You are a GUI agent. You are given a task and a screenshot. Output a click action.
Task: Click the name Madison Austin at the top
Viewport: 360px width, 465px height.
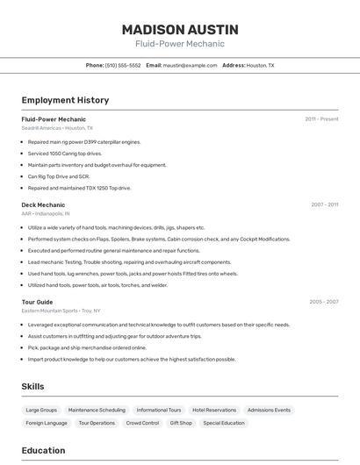tap(180, 30)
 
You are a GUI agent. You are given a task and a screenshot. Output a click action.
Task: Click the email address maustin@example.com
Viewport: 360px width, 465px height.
tap(190, 65)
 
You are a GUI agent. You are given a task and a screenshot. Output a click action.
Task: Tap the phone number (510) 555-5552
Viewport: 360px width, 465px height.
tap(122, 65)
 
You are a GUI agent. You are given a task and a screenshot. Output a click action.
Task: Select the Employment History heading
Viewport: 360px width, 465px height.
tap(65, 100)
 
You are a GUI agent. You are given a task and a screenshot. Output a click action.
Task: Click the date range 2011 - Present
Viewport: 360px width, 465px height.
tap(321, 118)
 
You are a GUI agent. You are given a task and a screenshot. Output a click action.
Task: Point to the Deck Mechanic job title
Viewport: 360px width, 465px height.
tap(43, 204)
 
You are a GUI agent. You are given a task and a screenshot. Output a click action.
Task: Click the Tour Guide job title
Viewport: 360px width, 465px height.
tap(37, 302)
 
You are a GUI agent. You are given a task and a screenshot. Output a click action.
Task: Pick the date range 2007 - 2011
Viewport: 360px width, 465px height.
tap(324, 204)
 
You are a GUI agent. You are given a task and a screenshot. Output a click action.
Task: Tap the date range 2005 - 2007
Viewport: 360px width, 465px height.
tap(323, 302)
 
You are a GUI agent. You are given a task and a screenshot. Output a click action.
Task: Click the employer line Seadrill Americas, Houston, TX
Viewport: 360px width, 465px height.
tap(57, 127)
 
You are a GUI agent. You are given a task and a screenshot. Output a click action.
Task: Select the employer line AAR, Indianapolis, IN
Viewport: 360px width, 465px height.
tap(46, 213)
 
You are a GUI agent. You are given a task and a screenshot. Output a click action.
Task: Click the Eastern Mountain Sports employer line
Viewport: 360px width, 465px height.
tap(61, 311)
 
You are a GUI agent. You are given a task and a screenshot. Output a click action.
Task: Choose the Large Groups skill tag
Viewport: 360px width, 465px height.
tap(41, 410)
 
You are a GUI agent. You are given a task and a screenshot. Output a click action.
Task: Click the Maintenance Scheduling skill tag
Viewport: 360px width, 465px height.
tap(97, 410)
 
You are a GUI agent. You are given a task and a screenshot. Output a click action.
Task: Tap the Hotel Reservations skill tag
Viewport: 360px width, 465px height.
tap(214, 410)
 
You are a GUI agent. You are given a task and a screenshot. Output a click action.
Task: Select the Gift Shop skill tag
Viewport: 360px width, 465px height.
tap(181, 423)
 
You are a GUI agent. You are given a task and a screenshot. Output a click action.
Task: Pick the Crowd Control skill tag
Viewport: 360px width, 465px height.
tap(142, 423)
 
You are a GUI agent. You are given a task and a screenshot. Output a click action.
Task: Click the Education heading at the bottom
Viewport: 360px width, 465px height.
tap(43, 450)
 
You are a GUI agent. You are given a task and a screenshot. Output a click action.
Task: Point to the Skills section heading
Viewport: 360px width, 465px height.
tap(32, 386)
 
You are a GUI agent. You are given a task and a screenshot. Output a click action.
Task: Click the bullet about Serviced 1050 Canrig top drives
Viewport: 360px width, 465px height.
tap(65, 154)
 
